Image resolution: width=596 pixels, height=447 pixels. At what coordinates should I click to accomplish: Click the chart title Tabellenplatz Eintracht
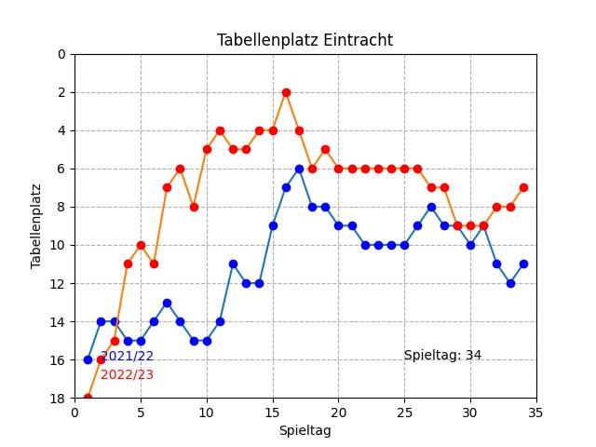(305, 40)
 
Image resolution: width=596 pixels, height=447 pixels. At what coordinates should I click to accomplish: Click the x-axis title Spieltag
(305, 430)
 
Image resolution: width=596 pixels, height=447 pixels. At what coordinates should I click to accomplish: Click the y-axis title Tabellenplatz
(36, 226)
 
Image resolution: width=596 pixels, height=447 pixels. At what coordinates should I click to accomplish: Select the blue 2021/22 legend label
(127, 356)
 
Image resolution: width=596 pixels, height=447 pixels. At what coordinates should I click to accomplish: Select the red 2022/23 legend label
(127, 374)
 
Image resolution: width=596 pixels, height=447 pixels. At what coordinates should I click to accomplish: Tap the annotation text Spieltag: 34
(442, 355)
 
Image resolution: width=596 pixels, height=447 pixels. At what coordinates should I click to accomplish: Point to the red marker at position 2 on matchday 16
(286, 92)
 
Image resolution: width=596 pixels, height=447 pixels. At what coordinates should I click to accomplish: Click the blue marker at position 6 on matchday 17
(299, 169)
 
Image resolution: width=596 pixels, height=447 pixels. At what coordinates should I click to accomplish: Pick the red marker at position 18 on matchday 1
(88, 399)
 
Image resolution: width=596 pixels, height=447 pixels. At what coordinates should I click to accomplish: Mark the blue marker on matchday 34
(523, 264)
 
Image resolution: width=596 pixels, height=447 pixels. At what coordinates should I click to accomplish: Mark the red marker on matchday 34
(523, 187)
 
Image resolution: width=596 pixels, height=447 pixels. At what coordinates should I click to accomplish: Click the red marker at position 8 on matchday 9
(194, 207)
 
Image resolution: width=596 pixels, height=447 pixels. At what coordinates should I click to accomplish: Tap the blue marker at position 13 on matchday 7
(167, 303)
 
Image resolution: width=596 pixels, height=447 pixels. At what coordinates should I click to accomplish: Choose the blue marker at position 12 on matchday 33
(510, 283)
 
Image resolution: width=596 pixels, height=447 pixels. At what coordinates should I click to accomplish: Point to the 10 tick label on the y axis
(61, 245)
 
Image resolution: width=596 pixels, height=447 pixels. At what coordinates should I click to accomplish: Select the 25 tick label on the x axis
(404, 413)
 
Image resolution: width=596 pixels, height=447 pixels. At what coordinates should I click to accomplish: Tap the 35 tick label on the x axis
(536, 413)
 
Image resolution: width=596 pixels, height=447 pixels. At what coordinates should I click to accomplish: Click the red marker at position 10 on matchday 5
(141, 245)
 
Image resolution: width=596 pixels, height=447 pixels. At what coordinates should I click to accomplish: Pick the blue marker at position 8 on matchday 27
(431, 207)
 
